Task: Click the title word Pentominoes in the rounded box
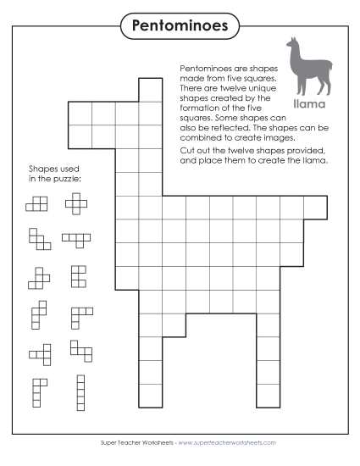(x=180, y=25)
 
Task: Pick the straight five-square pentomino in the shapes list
(x=81, y=391)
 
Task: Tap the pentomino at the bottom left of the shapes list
(x=37, y=391)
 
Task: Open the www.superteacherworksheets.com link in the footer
(x=227, y=442)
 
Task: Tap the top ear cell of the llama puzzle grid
(x=150, y=89)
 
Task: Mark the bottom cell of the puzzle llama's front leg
(x=150, y=393)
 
